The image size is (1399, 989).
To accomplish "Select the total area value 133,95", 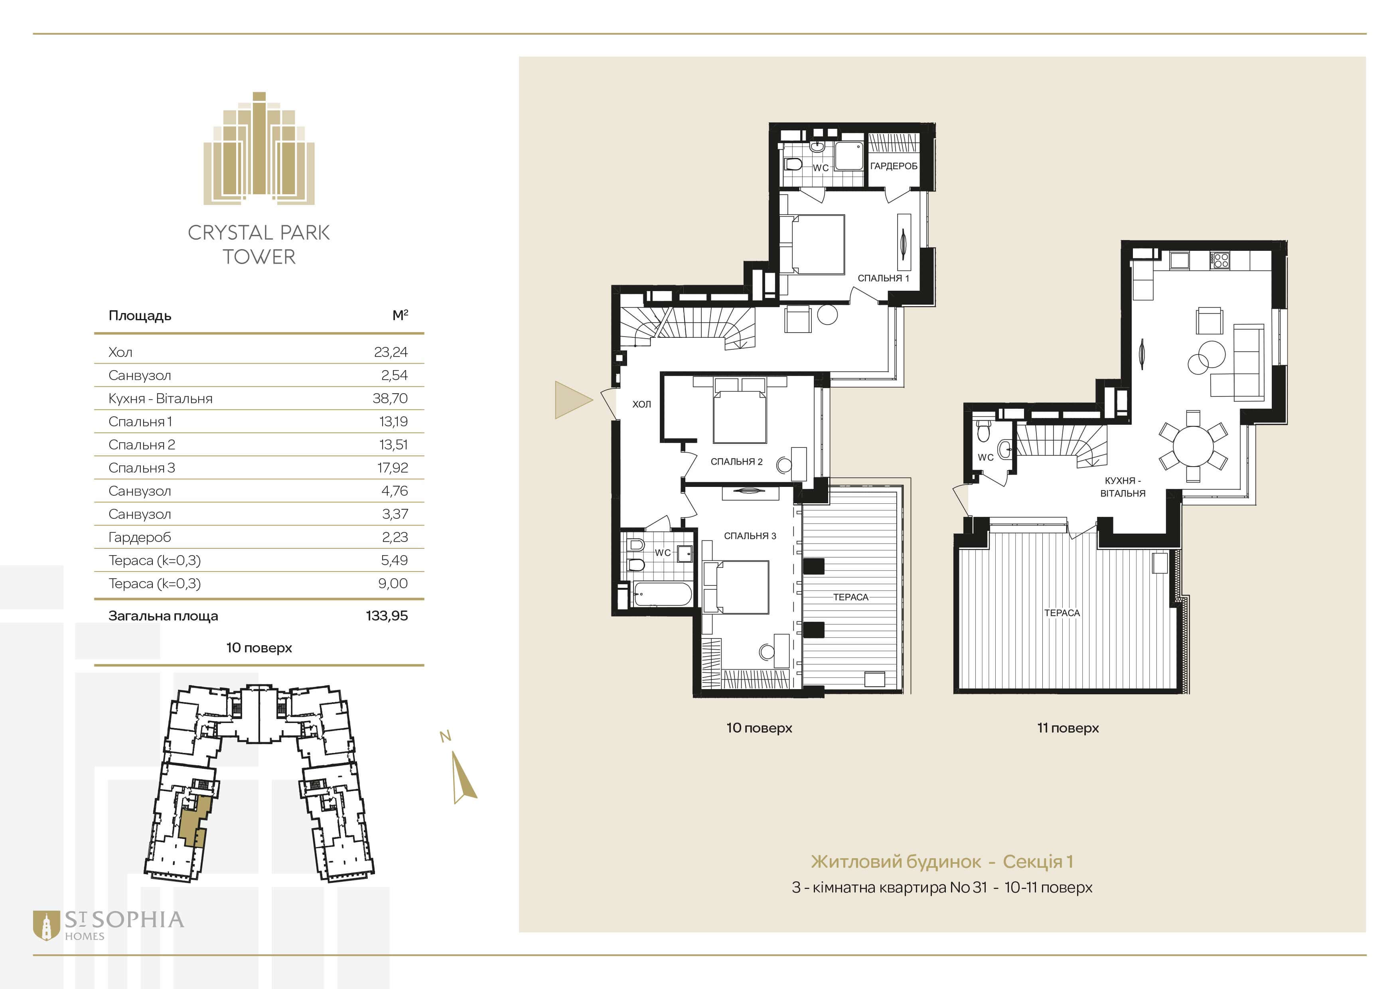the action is coord(387,616).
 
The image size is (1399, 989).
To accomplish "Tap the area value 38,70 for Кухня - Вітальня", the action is coord(390,398).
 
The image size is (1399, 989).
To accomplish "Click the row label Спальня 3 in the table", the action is coord(141,468).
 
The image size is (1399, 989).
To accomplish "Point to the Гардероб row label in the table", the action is coord(140,538).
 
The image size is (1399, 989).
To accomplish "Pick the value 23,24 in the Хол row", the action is coord(391,352).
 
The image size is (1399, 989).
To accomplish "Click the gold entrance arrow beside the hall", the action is coord(573,400).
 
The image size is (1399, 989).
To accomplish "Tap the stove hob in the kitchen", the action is coord(1220,261).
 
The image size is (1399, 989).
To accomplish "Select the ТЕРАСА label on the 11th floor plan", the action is coord(1062,613).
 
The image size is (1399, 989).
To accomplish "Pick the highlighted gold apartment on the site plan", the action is coord(195,822).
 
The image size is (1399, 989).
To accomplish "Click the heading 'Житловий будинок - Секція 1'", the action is coord(942,862).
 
